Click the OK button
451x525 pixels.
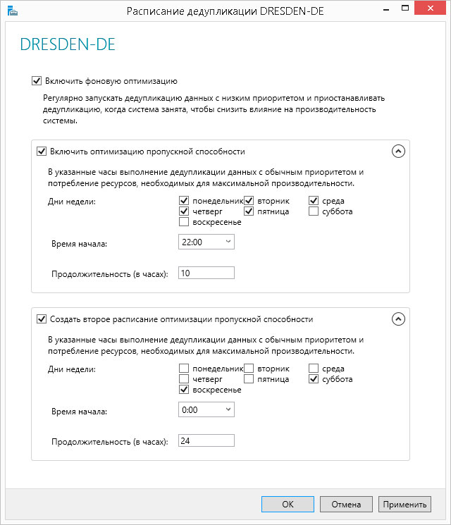point(288,504)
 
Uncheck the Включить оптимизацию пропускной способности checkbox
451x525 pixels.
point(42,151)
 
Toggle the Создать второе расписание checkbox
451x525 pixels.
point(42,319)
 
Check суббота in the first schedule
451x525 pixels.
point(314,211)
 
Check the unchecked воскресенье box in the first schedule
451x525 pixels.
point(184,222)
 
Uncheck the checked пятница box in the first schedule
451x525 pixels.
point(249,211)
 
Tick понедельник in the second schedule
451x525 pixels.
point(184,369)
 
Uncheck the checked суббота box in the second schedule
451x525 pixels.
point(314,379)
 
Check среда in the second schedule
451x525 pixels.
point(314,369)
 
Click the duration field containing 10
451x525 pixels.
point(206,273)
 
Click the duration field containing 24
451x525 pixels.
point(206,440)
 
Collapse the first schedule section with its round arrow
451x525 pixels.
point(398,151)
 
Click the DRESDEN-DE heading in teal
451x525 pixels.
point(68,45)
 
